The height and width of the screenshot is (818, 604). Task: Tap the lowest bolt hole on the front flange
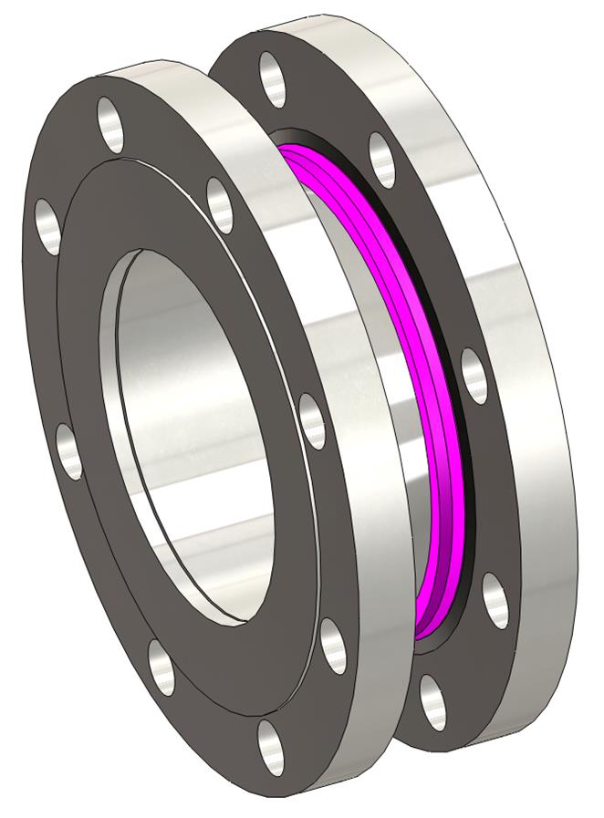(269, 747)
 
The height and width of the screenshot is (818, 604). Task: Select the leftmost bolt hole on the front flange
(47, 220)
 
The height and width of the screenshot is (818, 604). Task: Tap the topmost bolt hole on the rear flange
(273, 79)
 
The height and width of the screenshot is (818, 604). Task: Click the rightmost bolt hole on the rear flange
(494, 601)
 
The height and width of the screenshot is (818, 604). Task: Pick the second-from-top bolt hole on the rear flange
(382, 160)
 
